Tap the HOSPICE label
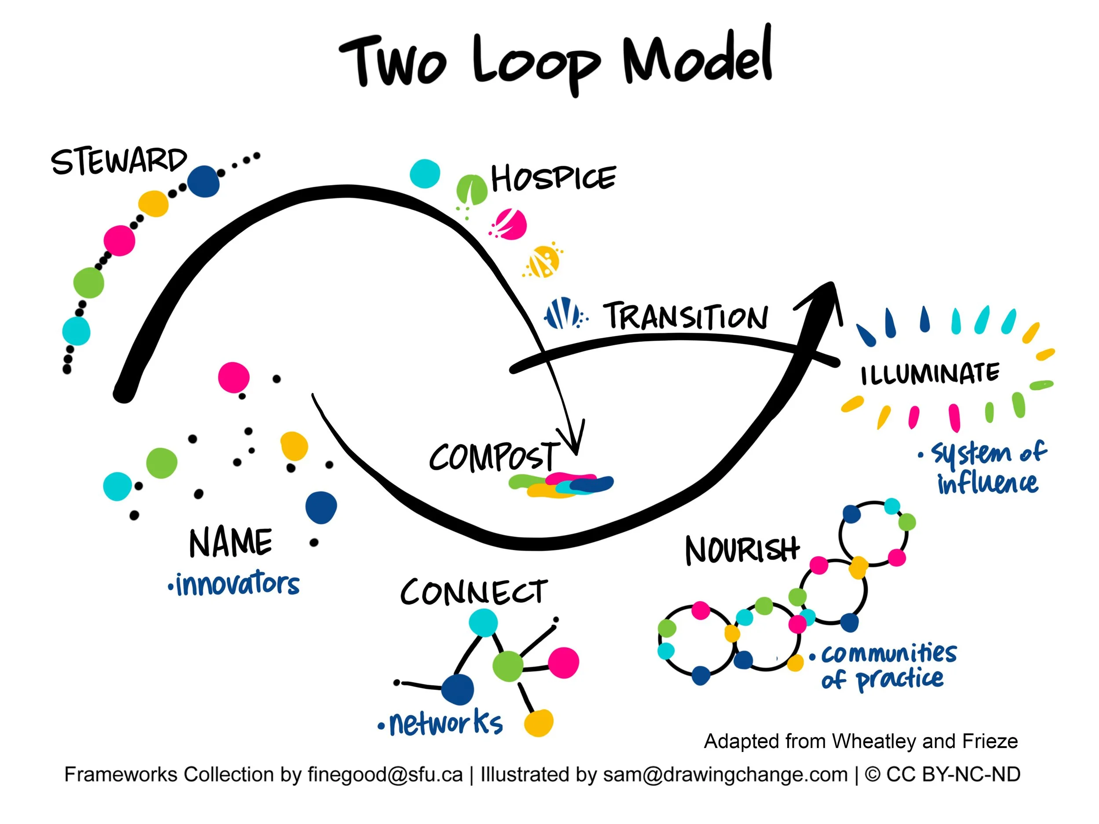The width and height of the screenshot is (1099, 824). coord(553,178)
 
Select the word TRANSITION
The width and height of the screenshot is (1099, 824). coord(686,316)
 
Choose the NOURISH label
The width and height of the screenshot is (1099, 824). coord(742,550)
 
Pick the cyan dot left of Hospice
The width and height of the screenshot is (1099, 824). coord(425,173)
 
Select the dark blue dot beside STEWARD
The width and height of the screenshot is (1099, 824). coord(204,181)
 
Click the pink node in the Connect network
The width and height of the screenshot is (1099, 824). coord(564,662)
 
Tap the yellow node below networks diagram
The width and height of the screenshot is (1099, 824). coord(539,722)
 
